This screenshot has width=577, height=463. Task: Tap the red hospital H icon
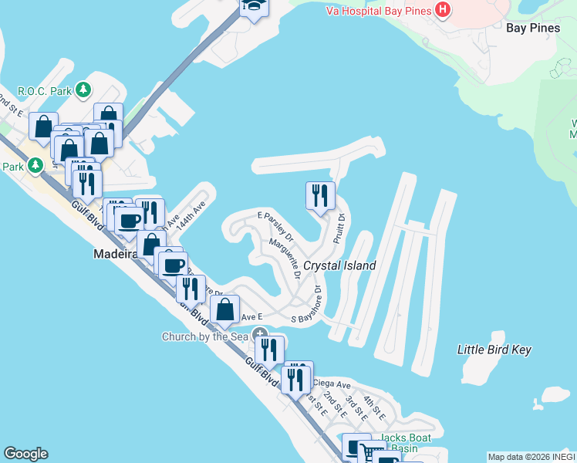(443, 10)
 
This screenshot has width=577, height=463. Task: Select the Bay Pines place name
(533, 28)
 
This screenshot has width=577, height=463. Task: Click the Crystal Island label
(339, 265)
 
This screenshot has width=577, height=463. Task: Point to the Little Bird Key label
(494, 350)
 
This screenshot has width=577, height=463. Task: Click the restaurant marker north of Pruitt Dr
(319, 195)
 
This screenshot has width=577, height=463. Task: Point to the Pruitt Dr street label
(338, 229)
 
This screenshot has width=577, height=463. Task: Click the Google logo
(25, 454)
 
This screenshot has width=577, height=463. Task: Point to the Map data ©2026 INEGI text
(531, 457)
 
